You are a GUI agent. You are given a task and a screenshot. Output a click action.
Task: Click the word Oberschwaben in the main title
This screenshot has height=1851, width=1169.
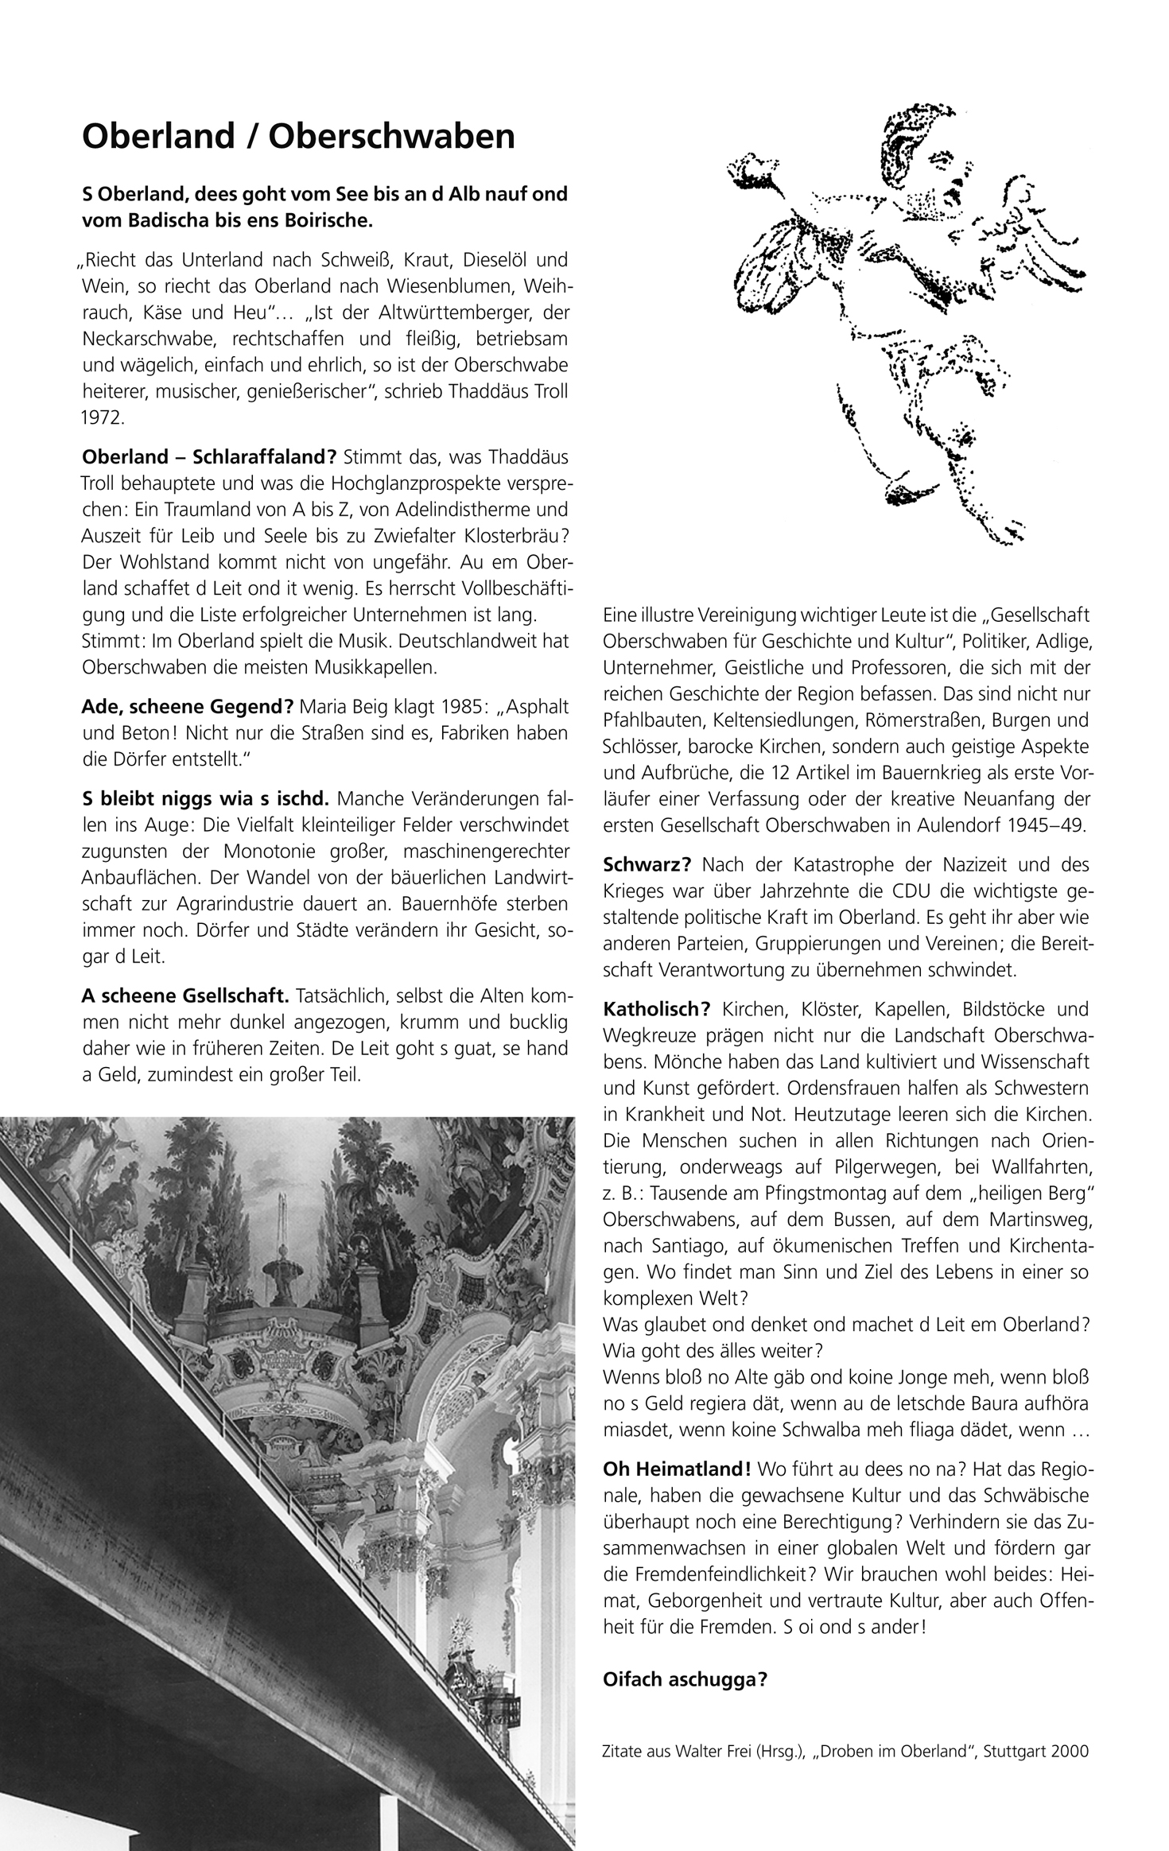pos(393,137)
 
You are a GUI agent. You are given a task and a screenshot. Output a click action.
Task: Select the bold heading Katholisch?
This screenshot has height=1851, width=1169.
pos(657,1010)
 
